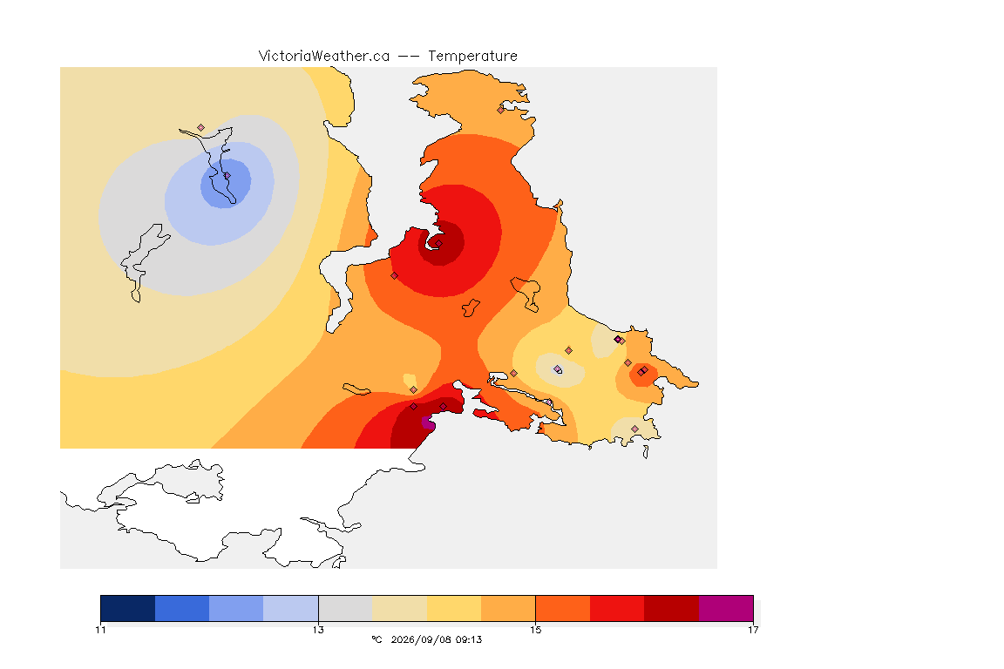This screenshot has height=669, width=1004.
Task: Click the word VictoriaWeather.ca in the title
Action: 324,57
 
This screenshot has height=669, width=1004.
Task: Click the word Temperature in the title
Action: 472,57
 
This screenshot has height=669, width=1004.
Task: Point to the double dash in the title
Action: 409,57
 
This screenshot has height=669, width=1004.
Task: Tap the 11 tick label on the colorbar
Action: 100,630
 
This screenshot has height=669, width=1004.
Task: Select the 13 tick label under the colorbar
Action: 318,630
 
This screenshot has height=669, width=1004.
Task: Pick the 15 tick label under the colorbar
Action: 535,630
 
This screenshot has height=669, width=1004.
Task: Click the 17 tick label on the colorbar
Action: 753,630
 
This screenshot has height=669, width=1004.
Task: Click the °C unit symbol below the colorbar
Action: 376,639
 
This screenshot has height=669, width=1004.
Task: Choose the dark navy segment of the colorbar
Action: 128,608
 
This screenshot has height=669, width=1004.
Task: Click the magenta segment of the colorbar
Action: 726,608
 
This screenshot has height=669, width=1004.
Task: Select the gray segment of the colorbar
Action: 346,608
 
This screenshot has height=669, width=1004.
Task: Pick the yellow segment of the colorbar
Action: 454,608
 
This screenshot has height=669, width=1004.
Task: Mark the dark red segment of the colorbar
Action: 672,608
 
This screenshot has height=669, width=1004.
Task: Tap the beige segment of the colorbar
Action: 399,608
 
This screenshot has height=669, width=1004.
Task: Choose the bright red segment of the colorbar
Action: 617,608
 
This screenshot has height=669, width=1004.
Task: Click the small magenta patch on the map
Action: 428,422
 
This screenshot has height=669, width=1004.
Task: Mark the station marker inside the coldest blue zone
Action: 227,175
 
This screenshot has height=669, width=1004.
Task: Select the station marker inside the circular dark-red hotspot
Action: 438,243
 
